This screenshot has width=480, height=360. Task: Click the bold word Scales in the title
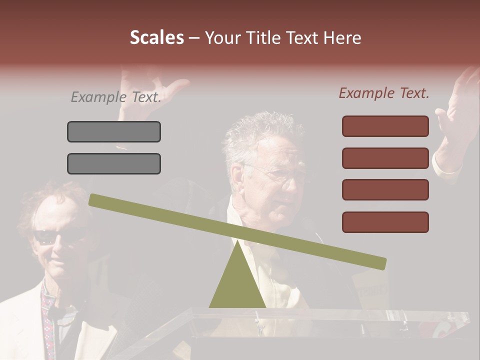pos(156,37)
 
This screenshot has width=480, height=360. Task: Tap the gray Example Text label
pos(116,97)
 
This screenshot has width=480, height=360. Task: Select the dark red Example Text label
pos(384,93)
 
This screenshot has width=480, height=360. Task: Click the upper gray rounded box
pos(114,131)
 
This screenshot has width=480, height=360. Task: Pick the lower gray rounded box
pos(114,163)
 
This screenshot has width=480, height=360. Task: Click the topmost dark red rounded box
pos(385,126)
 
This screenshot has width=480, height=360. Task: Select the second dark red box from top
pos(385,158)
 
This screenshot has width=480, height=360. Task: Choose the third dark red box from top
pos(385,190)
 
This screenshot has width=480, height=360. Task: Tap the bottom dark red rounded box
pos(385,222)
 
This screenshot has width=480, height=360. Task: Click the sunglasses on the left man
pos(50,236)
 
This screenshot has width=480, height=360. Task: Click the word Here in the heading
pos(342,37)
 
